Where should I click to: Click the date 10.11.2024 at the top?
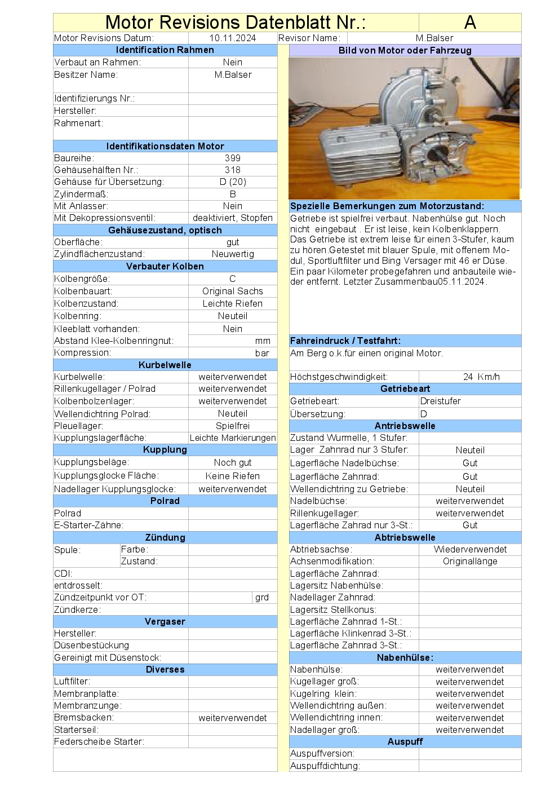(232, 38)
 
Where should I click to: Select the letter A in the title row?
(470, 23)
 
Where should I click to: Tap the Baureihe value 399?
(232, 158)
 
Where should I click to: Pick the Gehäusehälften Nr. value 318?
(232, 170)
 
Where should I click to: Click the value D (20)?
(233, 182)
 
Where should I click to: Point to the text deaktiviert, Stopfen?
(233, 218)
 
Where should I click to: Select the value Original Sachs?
(233, 291)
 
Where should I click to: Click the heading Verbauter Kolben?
(165, 266)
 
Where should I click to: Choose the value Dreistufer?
(441, 401)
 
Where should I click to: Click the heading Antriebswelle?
(405, 426)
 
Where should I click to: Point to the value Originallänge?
(470, 561)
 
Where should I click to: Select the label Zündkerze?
(77, 609)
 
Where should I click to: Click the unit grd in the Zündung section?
(262, 597)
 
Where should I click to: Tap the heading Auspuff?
(405, 741)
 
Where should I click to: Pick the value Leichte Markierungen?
(233, 438)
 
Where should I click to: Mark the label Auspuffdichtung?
(325, 766)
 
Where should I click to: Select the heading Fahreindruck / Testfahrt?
(345, 341)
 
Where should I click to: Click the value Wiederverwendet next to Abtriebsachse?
(470, 549)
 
